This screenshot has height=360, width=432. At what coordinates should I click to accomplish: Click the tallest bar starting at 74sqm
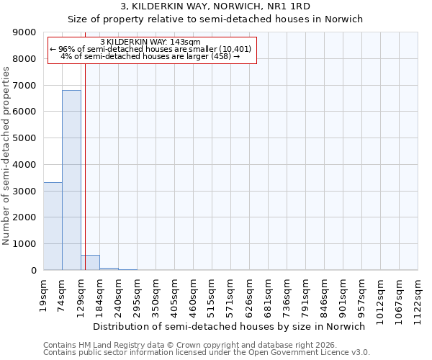pyautogui.click(x=71, y=180)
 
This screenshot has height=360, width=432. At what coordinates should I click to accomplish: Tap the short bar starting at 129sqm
pyautogui.click(x=90, y=263)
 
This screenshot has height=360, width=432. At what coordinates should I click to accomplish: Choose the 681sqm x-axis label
pyautogui.click(x=269, y=292)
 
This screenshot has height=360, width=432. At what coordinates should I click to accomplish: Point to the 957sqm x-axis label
pyautogui.click(x=362, y=292)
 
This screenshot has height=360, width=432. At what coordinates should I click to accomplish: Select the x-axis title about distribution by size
pyautogui.click(x=230, y=326)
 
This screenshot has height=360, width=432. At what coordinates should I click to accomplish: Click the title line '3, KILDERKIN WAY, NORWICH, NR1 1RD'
pyautogui.click(x=215, y=6)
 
